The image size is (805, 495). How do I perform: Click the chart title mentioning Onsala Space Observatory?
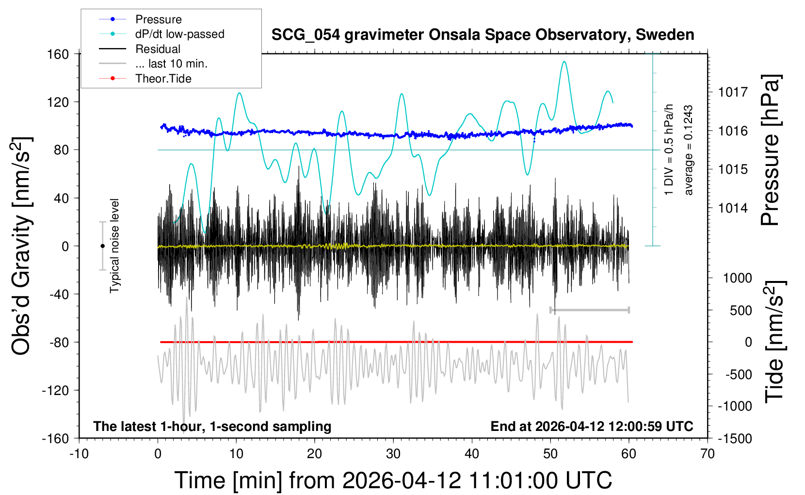coord(483,35)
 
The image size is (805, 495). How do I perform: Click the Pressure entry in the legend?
coord(158,19)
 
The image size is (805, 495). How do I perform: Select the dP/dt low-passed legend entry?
coord(179,34)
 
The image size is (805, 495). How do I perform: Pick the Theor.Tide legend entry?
coord(163,79)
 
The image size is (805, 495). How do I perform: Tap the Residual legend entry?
coord(158,49)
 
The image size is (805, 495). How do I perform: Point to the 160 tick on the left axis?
coord(58,54)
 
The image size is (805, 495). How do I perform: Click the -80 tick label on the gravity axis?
coord(58,342)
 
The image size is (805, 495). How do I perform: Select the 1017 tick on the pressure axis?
coord(733,92)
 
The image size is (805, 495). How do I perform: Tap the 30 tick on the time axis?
coord(393,454)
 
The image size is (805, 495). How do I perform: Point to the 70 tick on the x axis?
coord(708,454)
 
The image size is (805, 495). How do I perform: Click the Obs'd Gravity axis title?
coord(21,246)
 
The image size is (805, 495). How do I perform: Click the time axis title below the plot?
coord(393,480)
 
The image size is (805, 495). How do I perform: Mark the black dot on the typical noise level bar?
coord(102,246)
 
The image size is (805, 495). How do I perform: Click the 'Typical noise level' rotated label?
coord(114,246)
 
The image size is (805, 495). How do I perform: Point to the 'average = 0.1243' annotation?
coord(689,150)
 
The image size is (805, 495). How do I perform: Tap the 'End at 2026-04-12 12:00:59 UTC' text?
coord(592,426)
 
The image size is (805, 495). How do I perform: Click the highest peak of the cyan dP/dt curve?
coord(563,62)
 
